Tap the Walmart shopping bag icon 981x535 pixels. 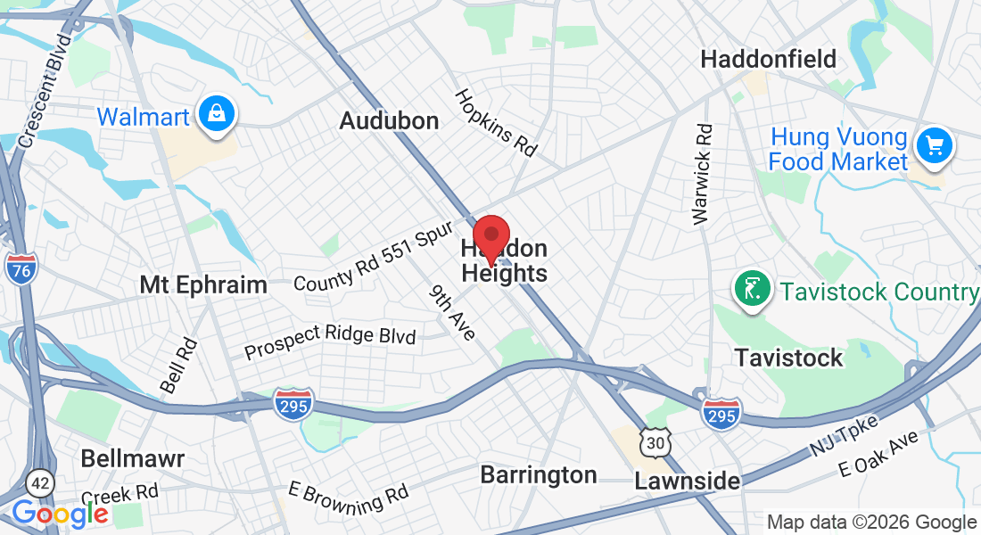(x=216, y=114)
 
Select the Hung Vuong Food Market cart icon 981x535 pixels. (x=934, y=144)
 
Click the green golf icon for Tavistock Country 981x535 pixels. (x=751, y=289)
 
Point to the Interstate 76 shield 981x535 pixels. (x=20, y=268)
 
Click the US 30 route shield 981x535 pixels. (x=655, y=441)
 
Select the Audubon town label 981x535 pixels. (x=389, y=121)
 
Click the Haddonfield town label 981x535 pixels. (x=768, y=60)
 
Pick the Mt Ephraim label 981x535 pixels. (x=203, y=285)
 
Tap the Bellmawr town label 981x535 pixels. (x=132, y=459)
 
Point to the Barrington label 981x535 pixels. (x=539, y=474)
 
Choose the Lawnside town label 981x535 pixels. (x=687, y=481)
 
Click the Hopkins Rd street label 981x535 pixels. (x=497, y=123)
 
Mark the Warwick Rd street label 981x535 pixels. (x=704, y=173)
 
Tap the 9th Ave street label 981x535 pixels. (x=452, y=312)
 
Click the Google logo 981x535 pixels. (x=60, y=514)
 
